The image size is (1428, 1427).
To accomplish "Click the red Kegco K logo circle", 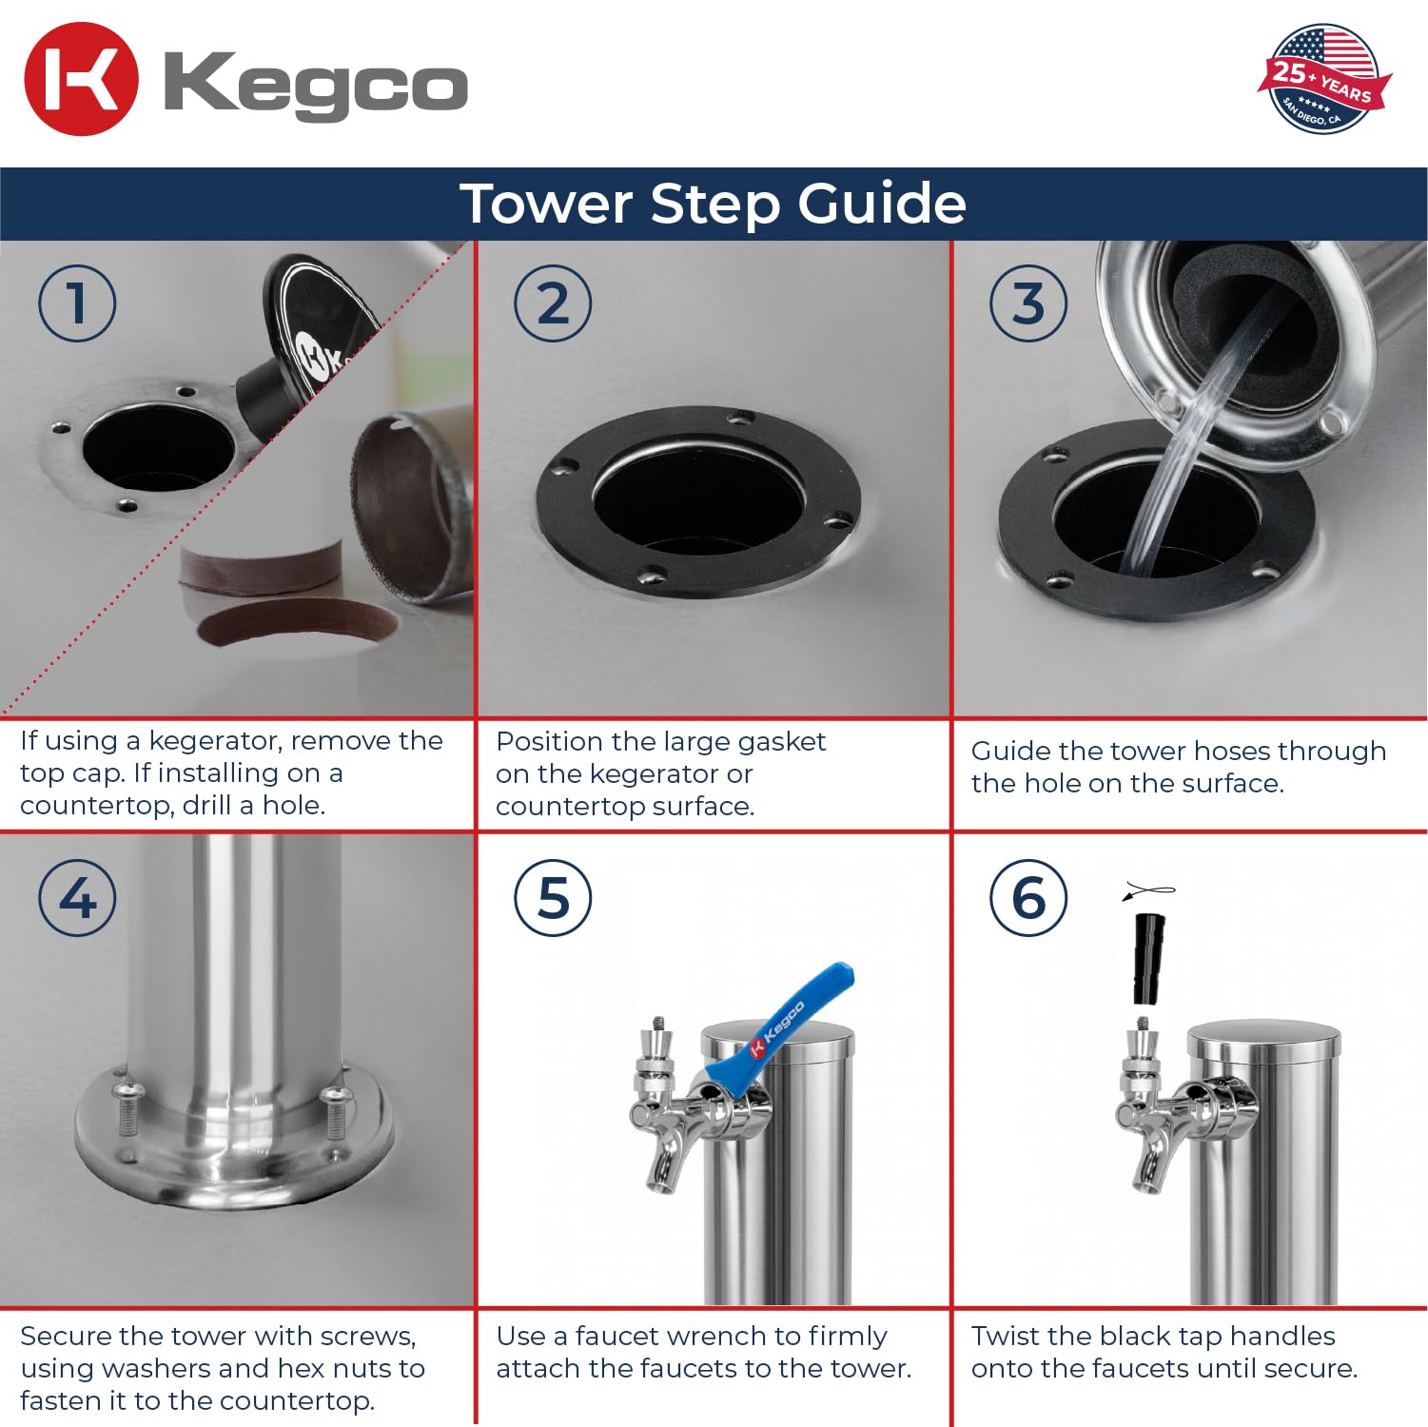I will (81, 79).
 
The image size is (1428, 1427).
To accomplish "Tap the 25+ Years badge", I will (1323, 79).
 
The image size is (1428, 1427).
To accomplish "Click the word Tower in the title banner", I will (546, 204).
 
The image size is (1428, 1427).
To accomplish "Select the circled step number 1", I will (77, 303).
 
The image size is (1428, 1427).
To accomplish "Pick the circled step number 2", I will (553, 303).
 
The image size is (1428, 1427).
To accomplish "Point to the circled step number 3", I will (1028, 303).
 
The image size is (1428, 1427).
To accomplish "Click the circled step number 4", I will (77, 898).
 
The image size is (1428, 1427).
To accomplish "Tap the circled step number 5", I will (553, 898).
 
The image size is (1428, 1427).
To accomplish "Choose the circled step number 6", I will (1028, 898).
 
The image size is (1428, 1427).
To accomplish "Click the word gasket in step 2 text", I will (781, 742).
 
